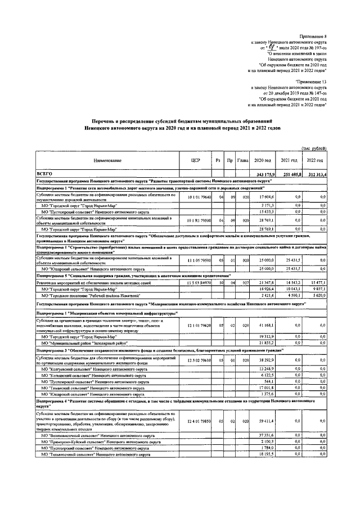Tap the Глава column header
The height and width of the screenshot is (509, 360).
pos(243,161)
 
